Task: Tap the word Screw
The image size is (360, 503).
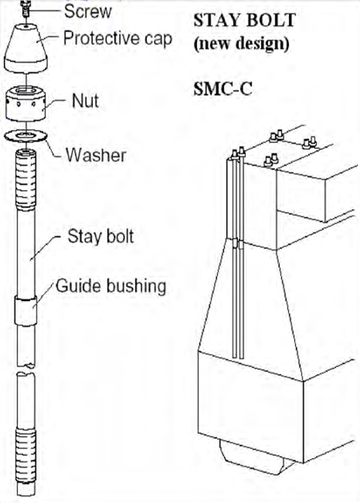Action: click(x=88, y=11)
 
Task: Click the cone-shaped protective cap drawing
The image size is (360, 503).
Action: click(x=25, y=47)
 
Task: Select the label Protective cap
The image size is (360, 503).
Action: click(x=118, y=39)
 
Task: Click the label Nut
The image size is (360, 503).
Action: click(x=85, y=101)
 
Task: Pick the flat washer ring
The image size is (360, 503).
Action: click(x=25, y=137)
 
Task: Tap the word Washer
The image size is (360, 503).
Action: click(x=96, y=155)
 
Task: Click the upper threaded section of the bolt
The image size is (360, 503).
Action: click(x=25, y=180)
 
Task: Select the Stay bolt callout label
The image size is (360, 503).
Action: click(x=100, y=237)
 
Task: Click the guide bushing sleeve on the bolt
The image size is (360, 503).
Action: click(x=25, y=311)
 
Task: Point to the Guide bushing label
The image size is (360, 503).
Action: click(x=111, y=286)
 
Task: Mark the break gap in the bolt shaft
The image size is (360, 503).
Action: click(x=25, y=369)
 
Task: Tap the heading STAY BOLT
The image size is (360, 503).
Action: click(x=244, y=20)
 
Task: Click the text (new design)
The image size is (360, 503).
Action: click(x=241, y=43)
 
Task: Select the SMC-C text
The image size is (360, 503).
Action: click(x=223, y=89)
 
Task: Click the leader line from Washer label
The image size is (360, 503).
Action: click(x=53, y=148)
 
